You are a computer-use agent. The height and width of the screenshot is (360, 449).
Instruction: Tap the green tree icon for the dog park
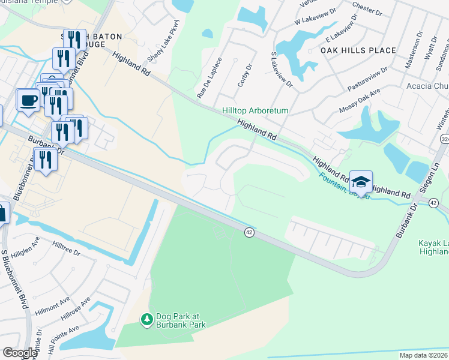[x=146, y=319]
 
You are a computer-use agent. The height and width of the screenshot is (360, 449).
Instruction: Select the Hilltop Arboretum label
[x=255, y=111]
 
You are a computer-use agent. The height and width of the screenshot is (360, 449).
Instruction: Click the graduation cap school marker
[x=361, y=182]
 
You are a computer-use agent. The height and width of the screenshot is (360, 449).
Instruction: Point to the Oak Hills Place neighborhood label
[x=358, y=50]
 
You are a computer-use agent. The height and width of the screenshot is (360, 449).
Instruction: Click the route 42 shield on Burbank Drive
[x=249, y=232]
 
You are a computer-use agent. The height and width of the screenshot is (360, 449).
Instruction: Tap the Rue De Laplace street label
[x=210, y=77]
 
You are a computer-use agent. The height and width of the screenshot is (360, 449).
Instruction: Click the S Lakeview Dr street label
[x=281, y=67]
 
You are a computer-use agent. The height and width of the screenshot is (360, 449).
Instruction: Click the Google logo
[x=20, y=353]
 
